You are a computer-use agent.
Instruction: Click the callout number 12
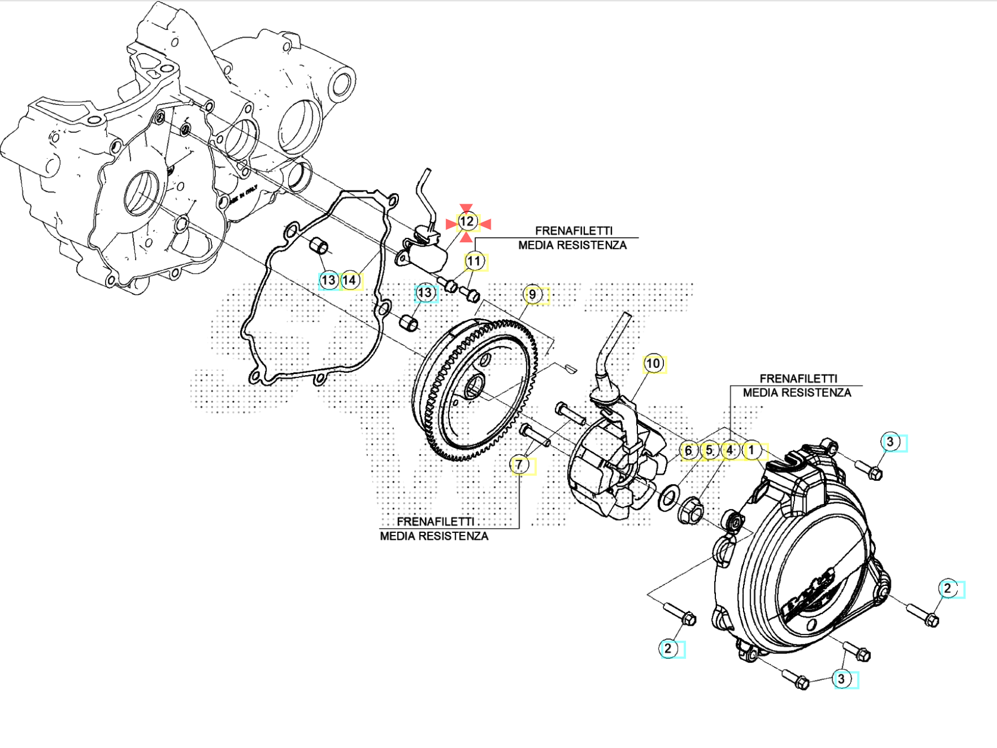click(467, 222)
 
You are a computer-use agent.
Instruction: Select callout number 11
click(474, 261)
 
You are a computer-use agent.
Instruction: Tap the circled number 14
click(349, 280)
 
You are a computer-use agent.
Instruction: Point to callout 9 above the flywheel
click(532, 294)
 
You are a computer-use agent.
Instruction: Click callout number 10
click(653, 363)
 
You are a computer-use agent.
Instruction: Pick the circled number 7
click(519, 465)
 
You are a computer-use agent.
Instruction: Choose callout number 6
click(688, 450)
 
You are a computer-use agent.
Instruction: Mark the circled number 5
click(709, 450)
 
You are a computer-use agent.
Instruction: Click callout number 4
click(730, 450)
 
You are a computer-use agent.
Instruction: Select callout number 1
click(751, 450)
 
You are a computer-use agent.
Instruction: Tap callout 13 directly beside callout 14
click(329, 280)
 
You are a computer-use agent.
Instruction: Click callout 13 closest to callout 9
click(425, 293)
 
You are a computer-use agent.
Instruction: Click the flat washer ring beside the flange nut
click(668, 497)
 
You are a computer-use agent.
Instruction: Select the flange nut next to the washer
click(690, 510)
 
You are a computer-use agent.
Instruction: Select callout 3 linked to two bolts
click(842, 679)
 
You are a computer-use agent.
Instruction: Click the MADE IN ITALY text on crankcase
click(249, 194)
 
